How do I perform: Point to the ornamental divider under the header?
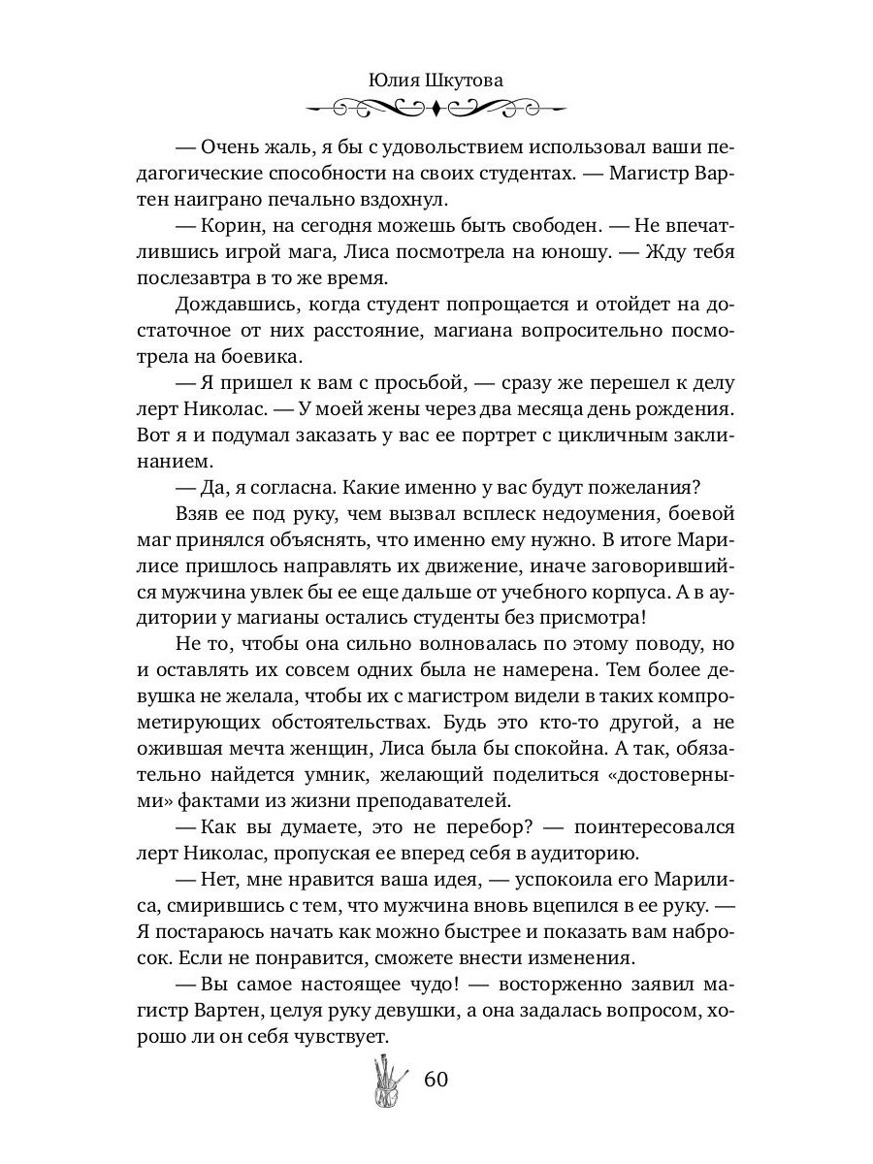point(436,107)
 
